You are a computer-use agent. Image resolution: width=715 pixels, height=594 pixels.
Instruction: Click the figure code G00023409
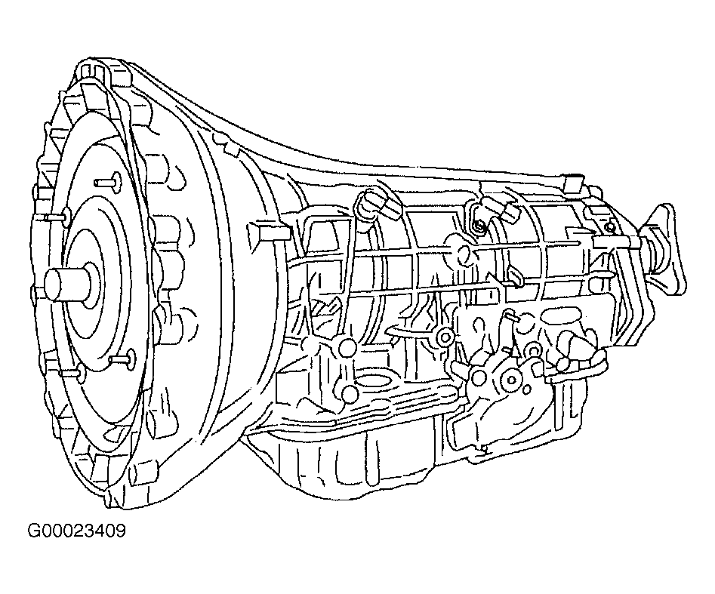76,531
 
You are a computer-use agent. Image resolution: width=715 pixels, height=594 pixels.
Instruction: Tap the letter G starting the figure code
34,531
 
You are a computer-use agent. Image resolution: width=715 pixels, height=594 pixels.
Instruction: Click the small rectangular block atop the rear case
572,185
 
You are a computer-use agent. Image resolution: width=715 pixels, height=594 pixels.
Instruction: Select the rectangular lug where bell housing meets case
268,232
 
